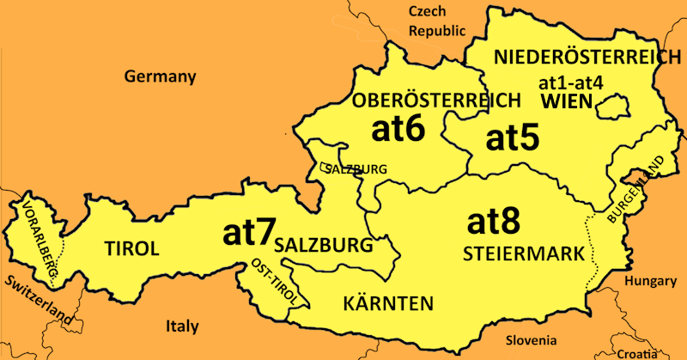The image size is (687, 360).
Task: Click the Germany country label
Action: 161,76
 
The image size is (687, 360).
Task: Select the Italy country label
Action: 182,326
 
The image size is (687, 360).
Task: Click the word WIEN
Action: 568,102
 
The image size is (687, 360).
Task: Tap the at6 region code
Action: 398,129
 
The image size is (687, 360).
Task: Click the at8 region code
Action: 494,222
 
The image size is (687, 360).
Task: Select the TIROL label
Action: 131,249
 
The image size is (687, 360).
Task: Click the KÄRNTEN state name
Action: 387,303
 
